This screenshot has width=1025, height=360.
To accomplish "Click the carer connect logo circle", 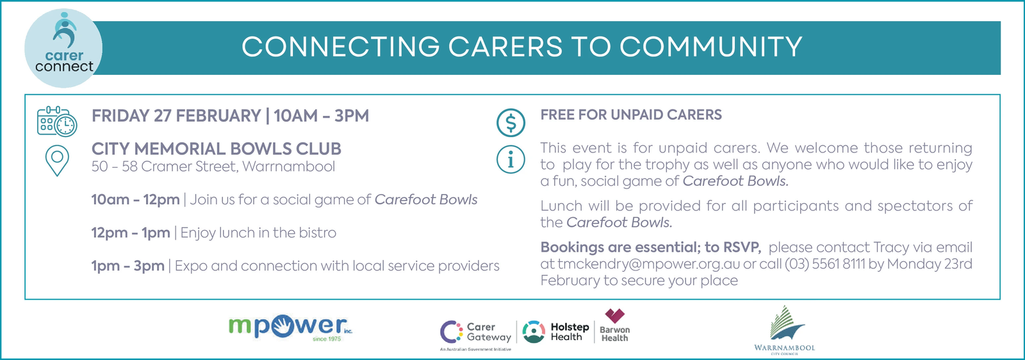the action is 63,48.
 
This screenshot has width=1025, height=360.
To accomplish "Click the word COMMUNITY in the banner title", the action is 710,47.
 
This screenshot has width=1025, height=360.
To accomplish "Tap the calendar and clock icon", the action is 57,122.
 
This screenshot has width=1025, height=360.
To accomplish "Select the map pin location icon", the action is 57,161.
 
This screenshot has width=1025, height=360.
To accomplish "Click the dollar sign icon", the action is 511,122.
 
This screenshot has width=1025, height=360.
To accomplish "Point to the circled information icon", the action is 511,160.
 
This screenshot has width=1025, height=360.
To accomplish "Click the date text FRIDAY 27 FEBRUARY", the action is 176,116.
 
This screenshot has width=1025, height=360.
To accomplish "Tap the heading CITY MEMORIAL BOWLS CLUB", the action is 217,149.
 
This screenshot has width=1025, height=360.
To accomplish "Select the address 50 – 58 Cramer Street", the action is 164,167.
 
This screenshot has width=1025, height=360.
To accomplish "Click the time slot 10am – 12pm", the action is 135,200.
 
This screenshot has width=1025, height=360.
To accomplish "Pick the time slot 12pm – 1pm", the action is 131,233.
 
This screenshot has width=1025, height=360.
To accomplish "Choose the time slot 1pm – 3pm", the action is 127,266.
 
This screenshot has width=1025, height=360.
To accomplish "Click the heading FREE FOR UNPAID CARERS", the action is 631,115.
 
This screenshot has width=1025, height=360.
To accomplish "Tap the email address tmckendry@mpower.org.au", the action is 648,264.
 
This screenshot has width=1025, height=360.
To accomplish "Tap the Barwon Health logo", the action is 614,326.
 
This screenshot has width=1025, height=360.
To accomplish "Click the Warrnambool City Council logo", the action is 784,331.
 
